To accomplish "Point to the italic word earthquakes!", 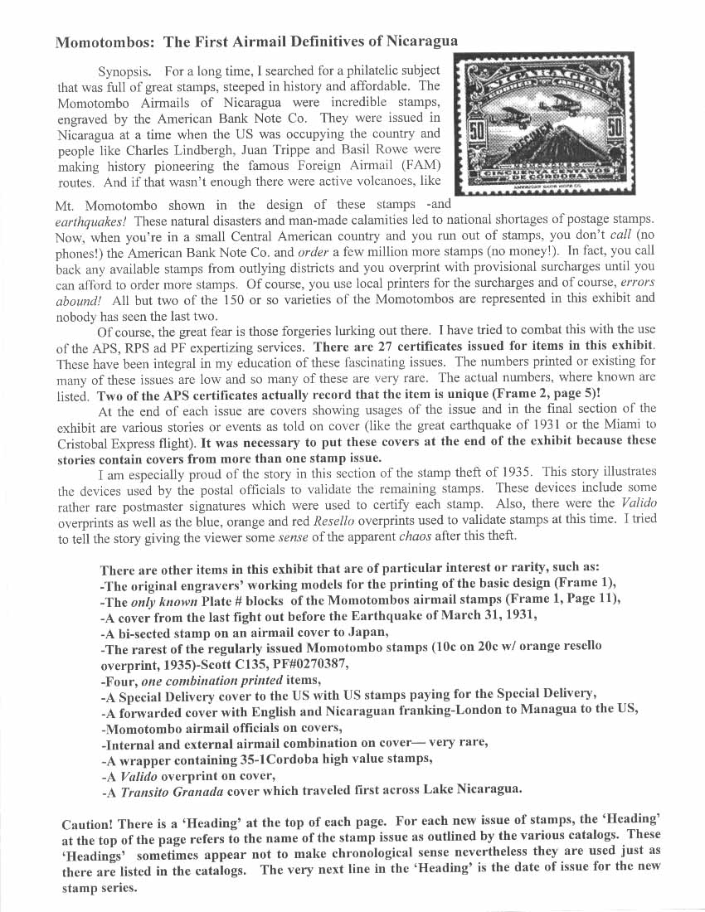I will (90, 221).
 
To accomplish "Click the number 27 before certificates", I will (382, 345).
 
